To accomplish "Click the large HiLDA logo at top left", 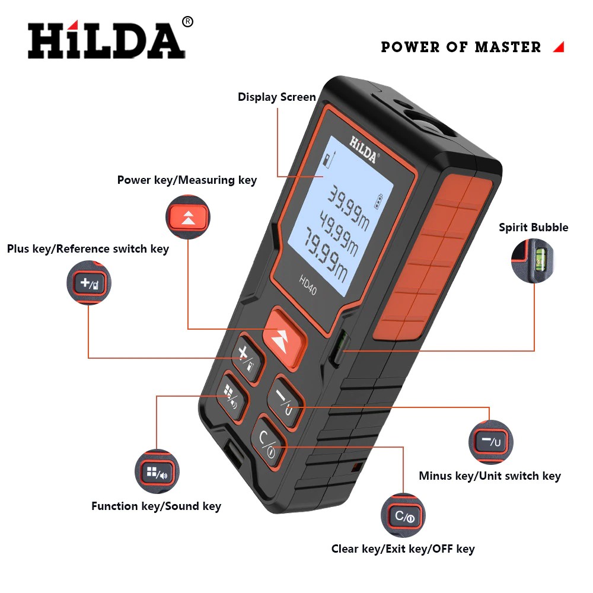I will (x=107, y=40).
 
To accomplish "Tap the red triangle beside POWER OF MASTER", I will (x=558, y=47).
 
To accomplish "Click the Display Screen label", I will (x=277, y=97).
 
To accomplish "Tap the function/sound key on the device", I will (x=231, y=395).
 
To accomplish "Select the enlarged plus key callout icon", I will (x=90, y=283).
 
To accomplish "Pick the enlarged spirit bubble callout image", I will (x=533, y=260).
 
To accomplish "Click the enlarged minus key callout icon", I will (x=491, y=442).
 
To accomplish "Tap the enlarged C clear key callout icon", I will (x=403, y=516).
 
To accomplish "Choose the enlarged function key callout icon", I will (x=157, y=473).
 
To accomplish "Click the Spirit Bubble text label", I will (x=533, y=228).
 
